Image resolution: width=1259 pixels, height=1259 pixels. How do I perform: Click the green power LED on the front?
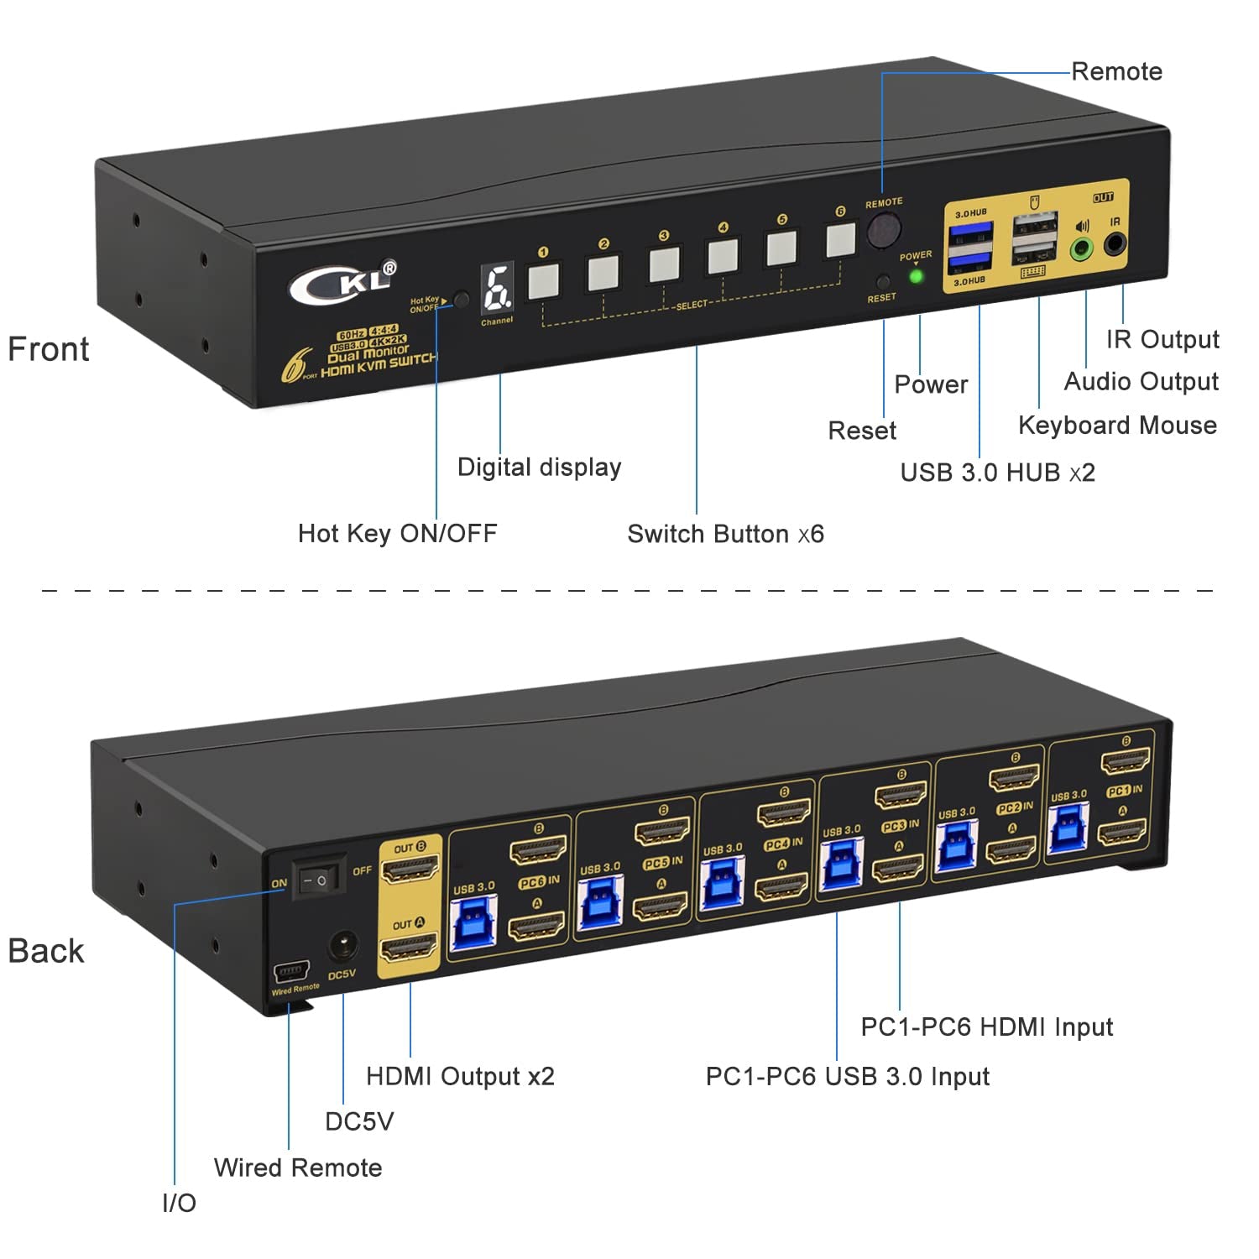[x=916, y=276]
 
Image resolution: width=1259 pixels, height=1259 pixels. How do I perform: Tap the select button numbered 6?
[x=840, y=240]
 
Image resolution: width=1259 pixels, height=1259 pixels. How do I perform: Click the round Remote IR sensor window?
[x=883, y=230]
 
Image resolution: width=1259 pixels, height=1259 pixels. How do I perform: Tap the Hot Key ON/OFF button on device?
[x=461, y=299]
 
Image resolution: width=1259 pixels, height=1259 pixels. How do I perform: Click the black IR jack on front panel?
[x=1115, y=245]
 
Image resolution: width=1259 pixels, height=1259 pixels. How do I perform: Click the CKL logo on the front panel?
[x=342, y=283]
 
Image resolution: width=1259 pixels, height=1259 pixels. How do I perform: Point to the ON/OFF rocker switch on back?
[x=319, y=879]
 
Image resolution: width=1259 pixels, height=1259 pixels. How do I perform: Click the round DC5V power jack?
[x=342, y=947]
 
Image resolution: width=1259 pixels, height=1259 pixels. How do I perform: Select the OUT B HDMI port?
[x=410, y=870]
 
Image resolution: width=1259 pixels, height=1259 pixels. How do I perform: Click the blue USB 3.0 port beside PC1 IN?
[x=1068, y=828]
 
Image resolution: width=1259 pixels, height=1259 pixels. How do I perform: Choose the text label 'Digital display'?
[x=539, y=468]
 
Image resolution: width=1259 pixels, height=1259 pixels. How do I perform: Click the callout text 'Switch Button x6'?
[x=725, y=534]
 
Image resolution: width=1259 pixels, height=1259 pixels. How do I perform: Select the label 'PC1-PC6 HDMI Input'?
[x=986, y=1027]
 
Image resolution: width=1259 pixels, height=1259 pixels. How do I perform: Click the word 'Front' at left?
[x=48, y=349]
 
